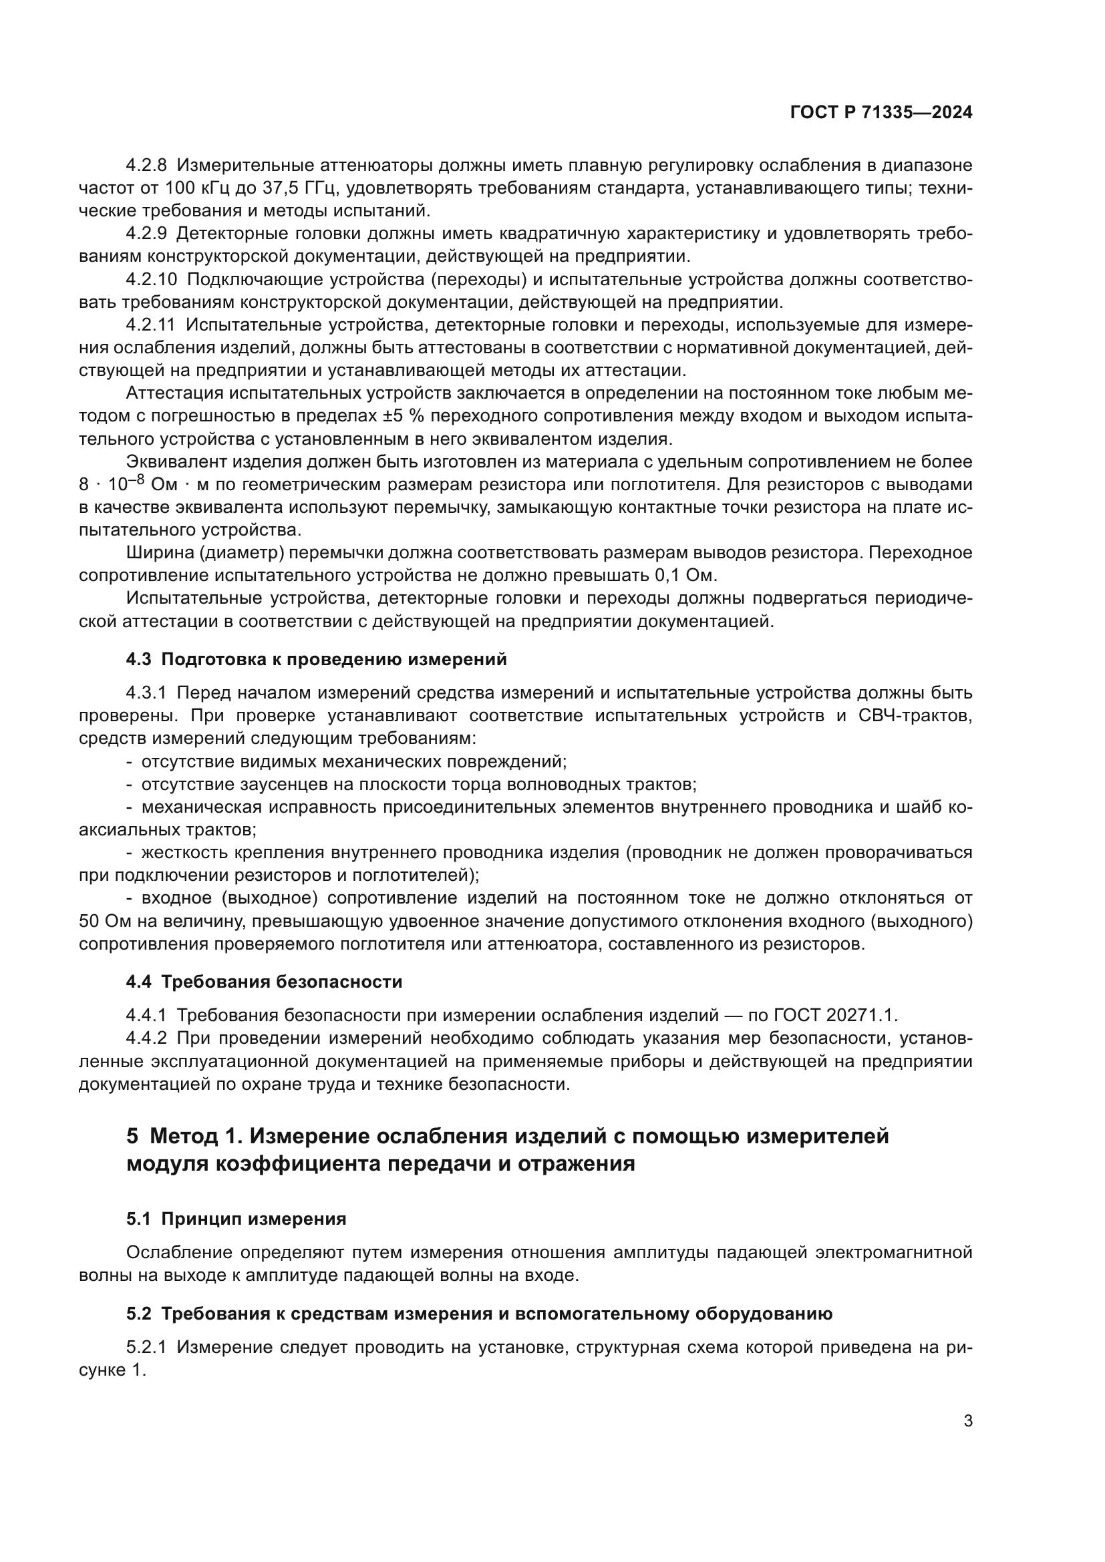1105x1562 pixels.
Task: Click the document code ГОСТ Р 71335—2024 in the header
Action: [881, 113]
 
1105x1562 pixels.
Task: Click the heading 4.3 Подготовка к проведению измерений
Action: [317, 659]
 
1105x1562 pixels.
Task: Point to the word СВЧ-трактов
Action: [916, 716]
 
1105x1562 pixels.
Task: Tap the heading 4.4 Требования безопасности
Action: [264, 982]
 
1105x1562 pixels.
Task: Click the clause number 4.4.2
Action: [146, 1038]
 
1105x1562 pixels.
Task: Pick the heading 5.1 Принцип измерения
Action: [236, 1219]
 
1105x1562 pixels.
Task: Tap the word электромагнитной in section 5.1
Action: [893, 1252]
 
